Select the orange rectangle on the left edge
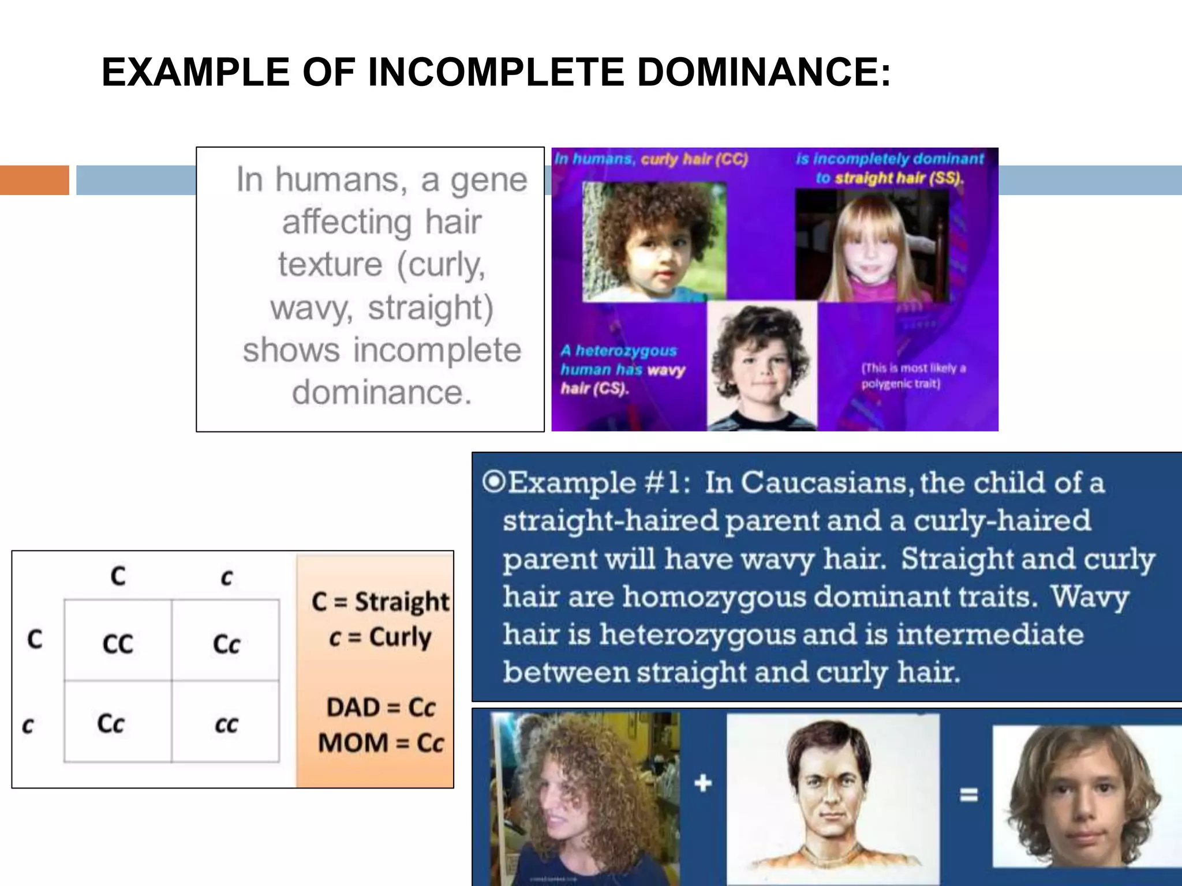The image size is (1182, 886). click(x=34, y=180)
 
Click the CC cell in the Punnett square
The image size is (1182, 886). click(x=118, y=644)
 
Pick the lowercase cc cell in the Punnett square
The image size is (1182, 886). click(x=226, y=724)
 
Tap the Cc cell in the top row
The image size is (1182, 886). click(x=226, y=644)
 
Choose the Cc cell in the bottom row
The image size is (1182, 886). click(x=111, y=723)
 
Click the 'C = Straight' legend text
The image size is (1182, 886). click(x=380, y=602)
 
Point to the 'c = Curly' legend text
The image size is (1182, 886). click(x=380, y=637)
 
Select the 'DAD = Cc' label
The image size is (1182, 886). click(x=380, y=707)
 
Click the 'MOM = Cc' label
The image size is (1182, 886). click(x=380, y=742)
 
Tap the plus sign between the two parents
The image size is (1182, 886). click(x=702, y=783)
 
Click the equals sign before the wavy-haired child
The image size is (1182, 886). click(x=968, y=795)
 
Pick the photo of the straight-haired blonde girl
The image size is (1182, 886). click(x=871, y=245)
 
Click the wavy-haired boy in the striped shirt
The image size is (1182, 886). click(x=762, y=366)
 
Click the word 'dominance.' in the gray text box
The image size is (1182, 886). click(x=382, y=393)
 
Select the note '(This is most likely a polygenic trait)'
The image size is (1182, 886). click(x=912, y=376)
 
